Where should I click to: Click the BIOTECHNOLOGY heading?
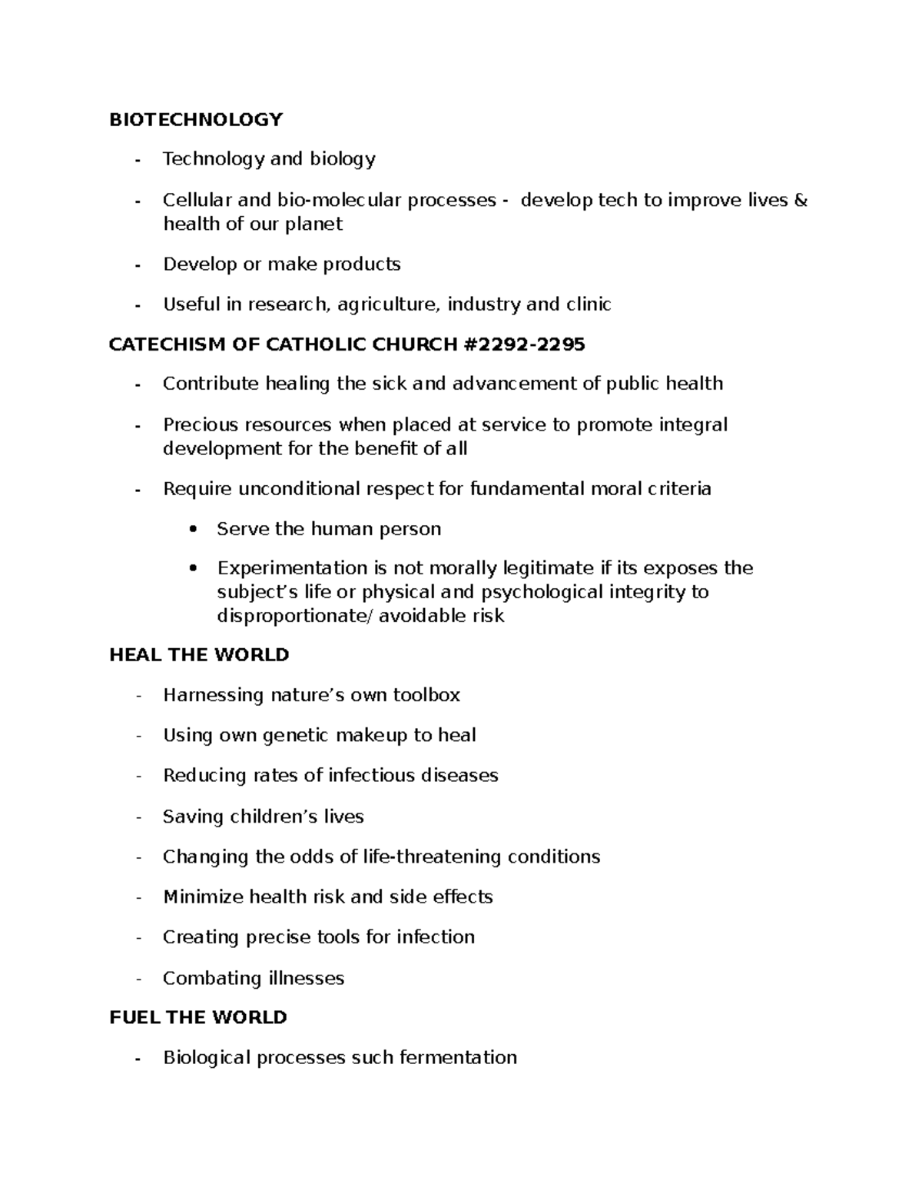click(196, 119)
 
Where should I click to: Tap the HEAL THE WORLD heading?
click(199, 654)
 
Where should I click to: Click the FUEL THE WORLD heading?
click(198, 1017)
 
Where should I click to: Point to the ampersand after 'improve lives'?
click(800, 200)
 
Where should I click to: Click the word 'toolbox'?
click(426, 695)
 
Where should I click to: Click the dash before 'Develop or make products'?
click(138, 265)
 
